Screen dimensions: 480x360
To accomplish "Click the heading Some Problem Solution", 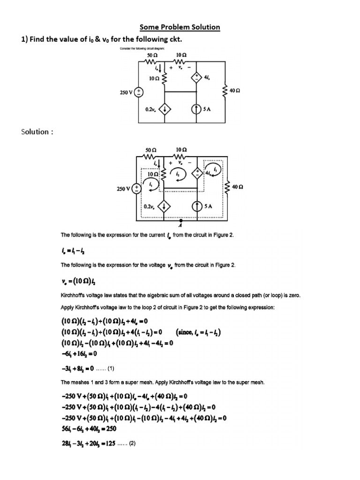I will click(180, 27).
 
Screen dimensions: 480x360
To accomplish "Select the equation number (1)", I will click(116, 368).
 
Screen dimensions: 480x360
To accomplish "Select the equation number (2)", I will click(129, 444).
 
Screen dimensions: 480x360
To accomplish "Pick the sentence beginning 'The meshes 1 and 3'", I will click(163, 382).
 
